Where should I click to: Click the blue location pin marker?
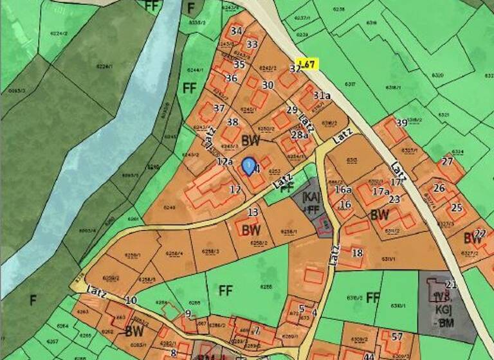(x=248, y=166)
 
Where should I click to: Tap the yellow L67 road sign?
(x=307, y=64)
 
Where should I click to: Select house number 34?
(x=236, y=30)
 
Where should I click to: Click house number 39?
(x=401, y=123)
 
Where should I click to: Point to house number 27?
(x=447, y=161)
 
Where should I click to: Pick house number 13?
(x=253, y=212)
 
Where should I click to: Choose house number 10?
(x=131, y=300)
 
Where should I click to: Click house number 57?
(x=397, y=336)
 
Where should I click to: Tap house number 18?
(x=357, y=253)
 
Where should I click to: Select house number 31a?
(x=322, y=95)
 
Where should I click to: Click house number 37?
(x=219, y=108)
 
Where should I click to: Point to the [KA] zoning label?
(x=311, y=195)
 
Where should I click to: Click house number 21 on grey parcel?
(x=451, y=284)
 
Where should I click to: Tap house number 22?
(x=480, y=233)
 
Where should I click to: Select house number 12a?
(x=224, y=161)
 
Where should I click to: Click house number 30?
(x=268, y=84)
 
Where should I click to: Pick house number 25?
(x=457, y=207)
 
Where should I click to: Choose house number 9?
(x=188, y=313)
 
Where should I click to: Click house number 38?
(x=233, y=122)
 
